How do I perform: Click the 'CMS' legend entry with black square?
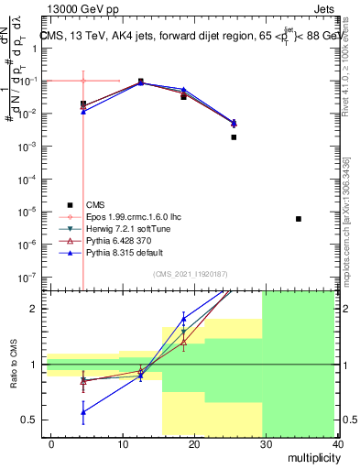tap(95, 204)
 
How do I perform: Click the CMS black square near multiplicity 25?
tap(234, 137)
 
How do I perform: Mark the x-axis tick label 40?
tap(338, 443)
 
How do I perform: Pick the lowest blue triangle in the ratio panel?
tap(83, 412)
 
